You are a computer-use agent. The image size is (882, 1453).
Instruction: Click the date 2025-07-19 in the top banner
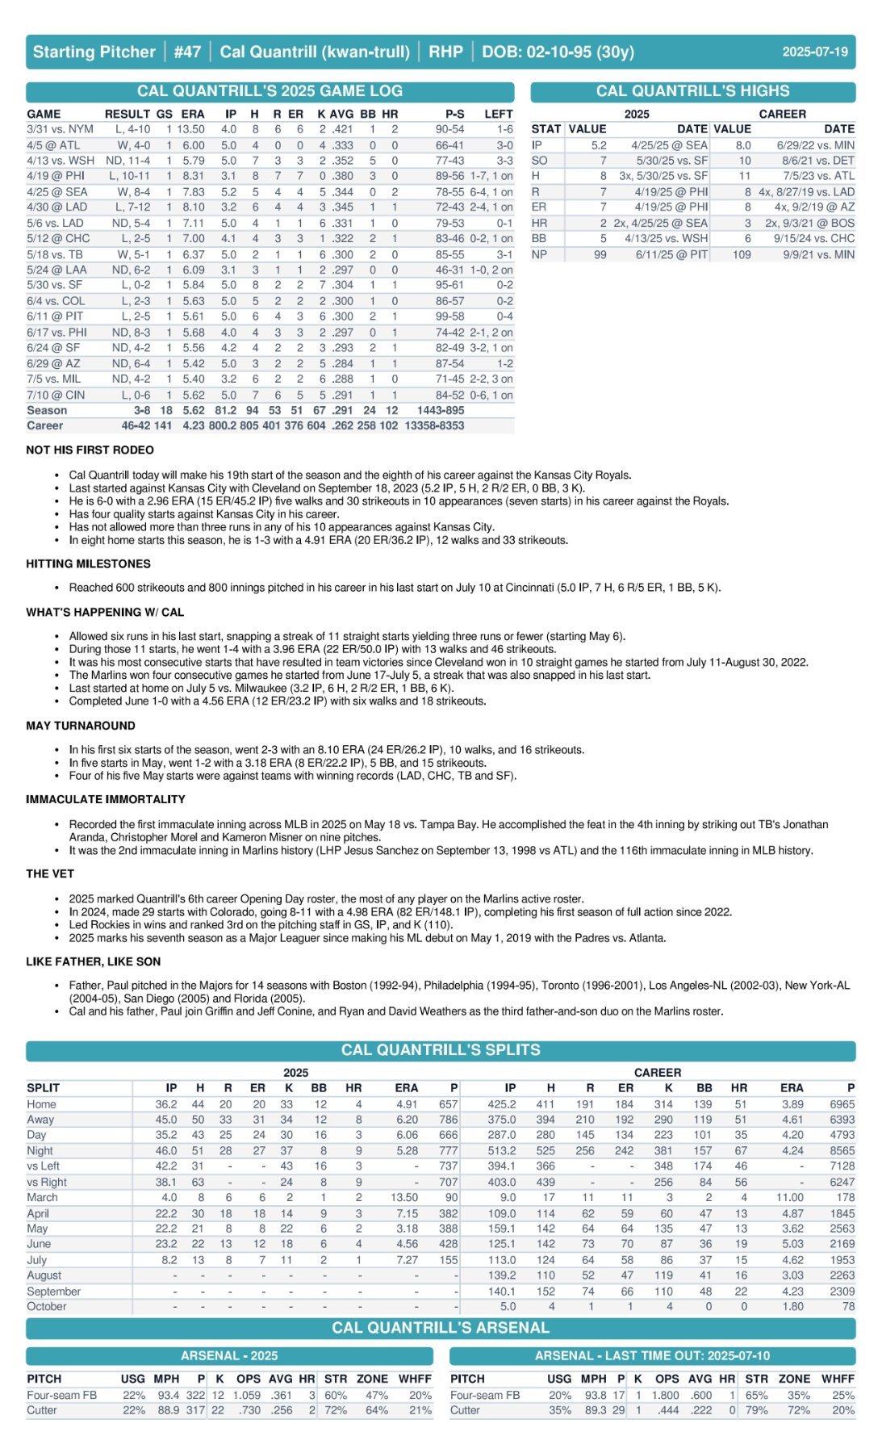point(814,52)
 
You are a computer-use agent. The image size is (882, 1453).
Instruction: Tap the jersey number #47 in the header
point(186,52)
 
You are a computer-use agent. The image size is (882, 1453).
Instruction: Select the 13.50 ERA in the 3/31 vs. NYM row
point(190,129)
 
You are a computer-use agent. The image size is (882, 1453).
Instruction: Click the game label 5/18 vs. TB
point(55,254)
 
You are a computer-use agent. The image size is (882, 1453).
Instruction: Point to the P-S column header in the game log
point(454,114)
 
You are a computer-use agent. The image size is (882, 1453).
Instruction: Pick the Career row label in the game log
point(44,425)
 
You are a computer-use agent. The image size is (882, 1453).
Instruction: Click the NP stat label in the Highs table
point(539,254)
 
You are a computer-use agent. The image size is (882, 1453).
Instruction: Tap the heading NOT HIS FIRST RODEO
point(90,450)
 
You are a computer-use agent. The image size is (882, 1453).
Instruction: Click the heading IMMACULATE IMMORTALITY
point(106,799)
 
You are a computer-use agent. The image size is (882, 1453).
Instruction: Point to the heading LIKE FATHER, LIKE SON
point(93,961)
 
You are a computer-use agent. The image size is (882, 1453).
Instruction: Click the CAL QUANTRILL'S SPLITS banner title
point(441,1050)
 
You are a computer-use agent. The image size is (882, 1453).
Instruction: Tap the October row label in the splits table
point(47,1306)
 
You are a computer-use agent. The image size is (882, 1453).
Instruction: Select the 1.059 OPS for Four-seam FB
point(247,1395)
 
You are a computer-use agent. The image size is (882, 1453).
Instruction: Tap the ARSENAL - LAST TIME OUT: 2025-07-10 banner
point(652,1355)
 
